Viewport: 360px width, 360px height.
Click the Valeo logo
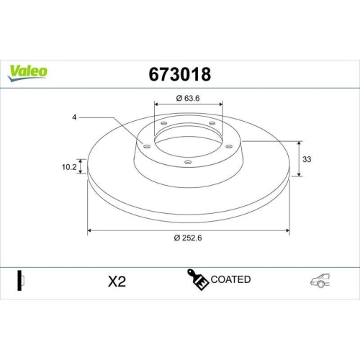(x=29, y=72)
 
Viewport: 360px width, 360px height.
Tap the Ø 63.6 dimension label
(x=188, y=99)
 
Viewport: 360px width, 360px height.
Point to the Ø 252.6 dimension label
(x=189, y=240)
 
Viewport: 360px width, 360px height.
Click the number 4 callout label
(x=74, y=117)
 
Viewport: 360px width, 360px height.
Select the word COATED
(x=230, y=279)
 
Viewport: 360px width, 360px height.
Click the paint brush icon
(x=199, y=282)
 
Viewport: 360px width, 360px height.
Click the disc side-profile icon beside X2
(x=21, y=281)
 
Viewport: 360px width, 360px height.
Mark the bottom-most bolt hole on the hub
(x=188, y=162)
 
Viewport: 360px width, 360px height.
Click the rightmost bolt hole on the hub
(x=228, y=144)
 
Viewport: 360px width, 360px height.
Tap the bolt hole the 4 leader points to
(x=147, y=146)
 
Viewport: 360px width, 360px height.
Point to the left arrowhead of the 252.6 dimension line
(x=90, y=231)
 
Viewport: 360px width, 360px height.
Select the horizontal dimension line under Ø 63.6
(x=188, y=107)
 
